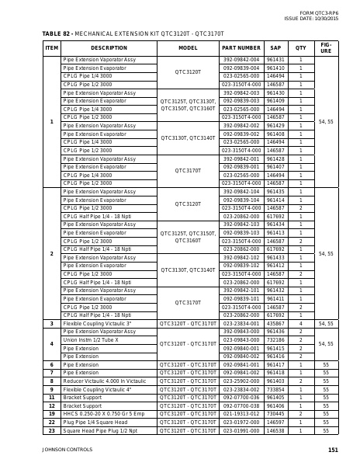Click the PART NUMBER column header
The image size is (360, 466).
point(241,47)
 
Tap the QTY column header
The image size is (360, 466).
point(301,47)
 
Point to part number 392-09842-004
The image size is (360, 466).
point(241,60)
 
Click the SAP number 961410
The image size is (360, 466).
point(275,68)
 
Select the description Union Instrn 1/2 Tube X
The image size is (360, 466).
point(91,340)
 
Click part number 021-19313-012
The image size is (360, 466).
point(241,414)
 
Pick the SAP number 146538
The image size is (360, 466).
point(275,430)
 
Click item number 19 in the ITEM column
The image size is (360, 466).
point(52,414)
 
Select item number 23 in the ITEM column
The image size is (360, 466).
point(52,430)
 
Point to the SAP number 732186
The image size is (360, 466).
point(275,340)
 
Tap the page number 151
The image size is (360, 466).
point(333,450)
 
